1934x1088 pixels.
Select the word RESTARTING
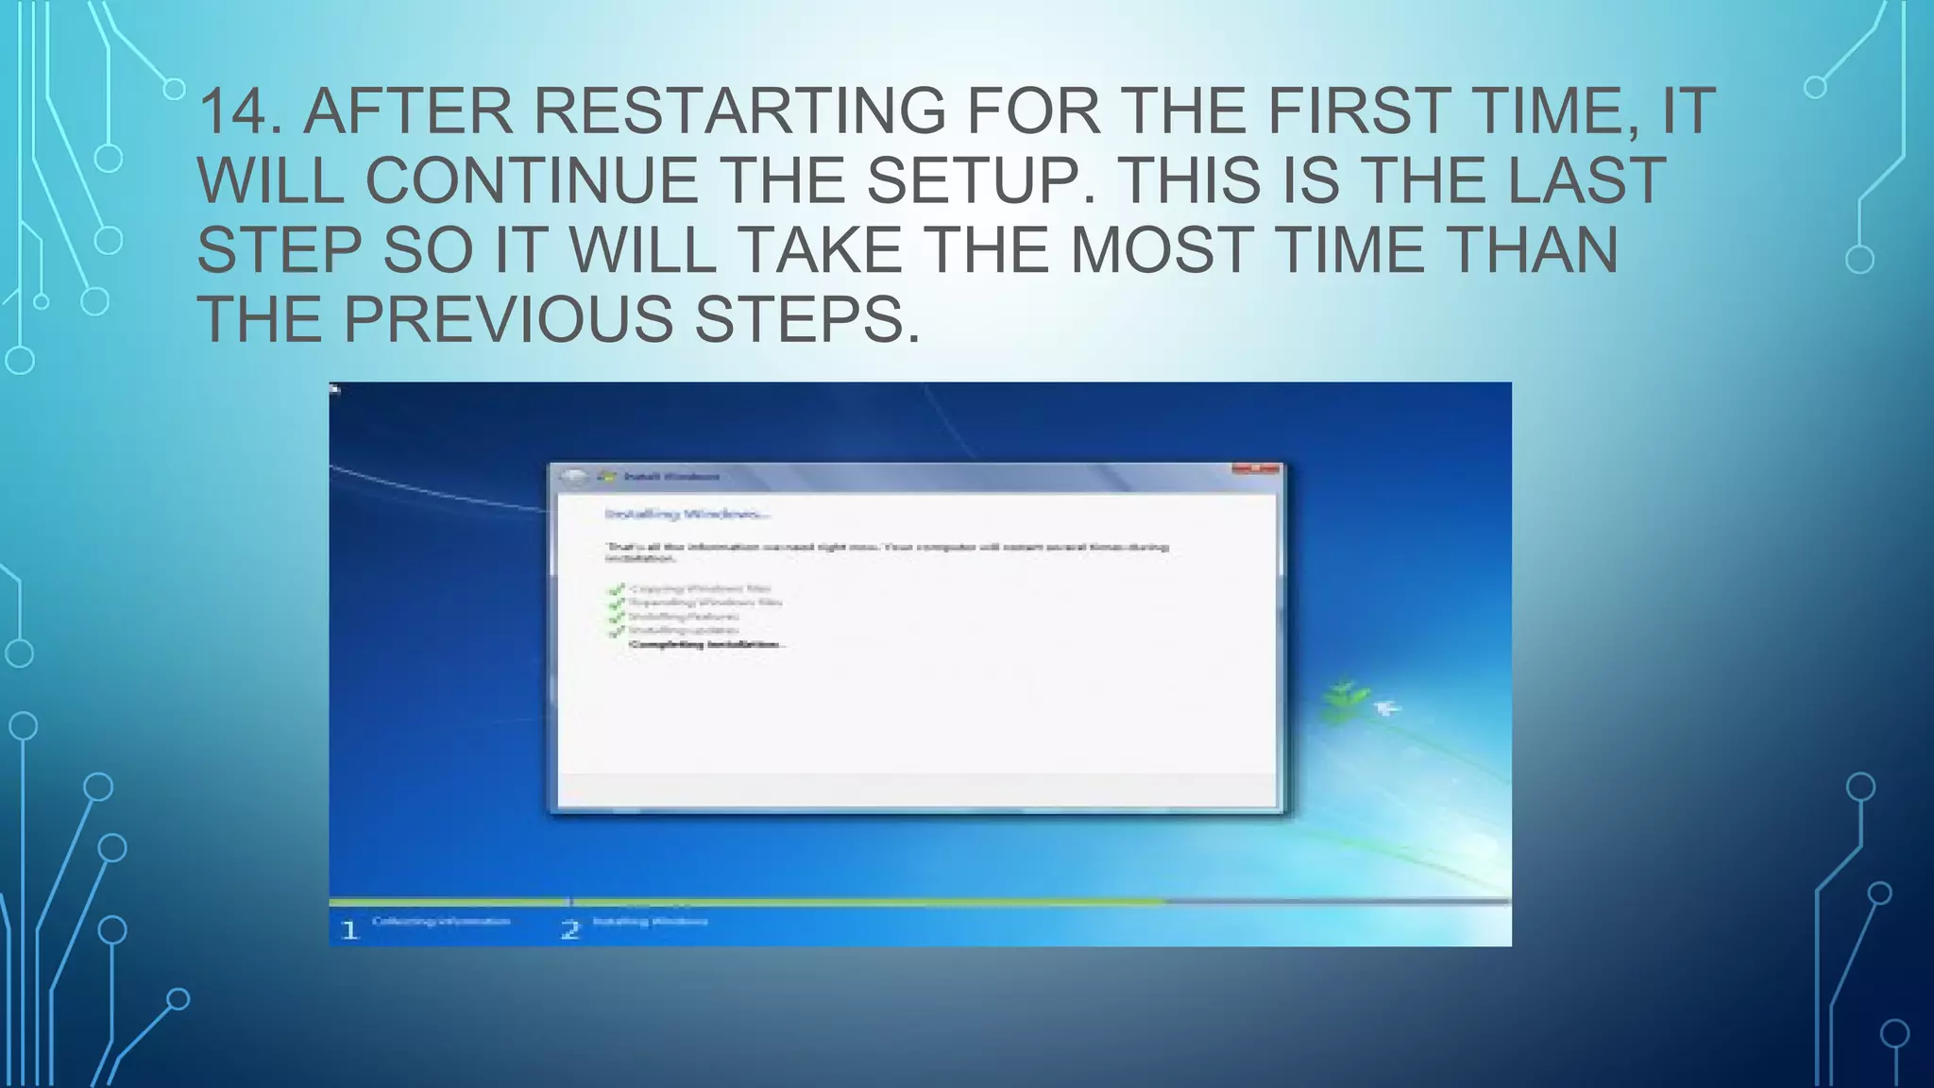(x=739, y=111)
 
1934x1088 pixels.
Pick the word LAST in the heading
(x=1586, y=180)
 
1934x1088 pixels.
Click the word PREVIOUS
(x=508, y=319)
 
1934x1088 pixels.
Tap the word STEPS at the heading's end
(x=806, y=319)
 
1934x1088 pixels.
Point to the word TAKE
(x=819, y=250)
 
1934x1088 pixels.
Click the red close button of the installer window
(x=1256, y=468)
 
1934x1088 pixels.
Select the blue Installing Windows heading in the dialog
(x=687, y=514)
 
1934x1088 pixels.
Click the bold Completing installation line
(x=706, y=644)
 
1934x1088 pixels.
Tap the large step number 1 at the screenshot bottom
(x=349, y=929)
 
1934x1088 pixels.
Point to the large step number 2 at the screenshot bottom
(x=569, y=929)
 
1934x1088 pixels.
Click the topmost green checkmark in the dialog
(x=617, y=589)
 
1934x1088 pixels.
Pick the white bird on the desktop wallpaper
(x=1386, y=707)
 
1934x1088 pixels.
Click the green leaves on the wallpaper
(x=1345, y=700)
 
